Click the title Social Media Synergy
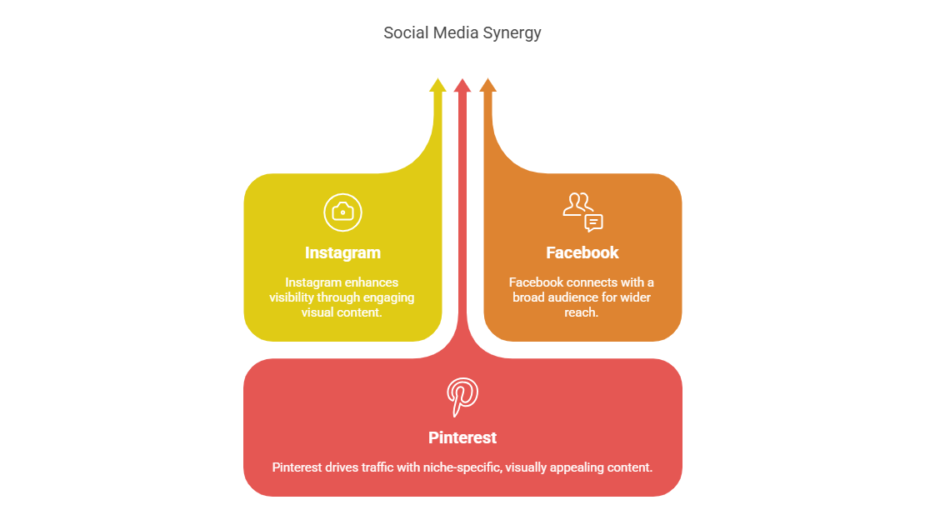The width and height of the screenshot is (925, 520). point(462,33)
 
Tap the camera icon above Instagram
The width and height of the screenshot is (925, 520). point(342,212)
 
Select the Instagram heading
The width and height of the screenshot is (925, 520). point(342,252)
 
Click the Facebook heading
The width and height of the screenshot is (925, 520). point(582,252)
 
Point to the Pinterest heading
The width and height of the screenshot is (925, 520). point(462,437)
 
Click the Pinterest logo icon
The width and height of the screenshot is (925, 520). point(462,397)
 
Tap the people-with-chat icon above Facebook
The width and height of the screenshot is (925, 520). point(582,212)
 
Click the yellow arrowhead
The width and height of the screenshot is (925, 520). point(437,85)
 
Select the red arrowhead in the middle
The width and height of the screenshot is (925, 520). point(462,85)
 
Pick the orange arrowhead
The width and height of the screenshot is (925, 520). point(488,85)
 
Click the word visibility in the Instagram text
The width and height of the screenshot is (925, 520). point(292,297)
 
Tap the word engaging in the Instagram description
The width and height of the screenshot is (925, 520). point(390,297)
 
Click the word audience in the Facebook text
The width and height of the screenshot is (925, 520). point(574,297)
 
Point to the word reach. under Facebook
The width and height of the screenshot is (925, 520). point(582,312)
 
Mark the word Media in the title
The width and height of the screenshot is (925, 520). point(454,33)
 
